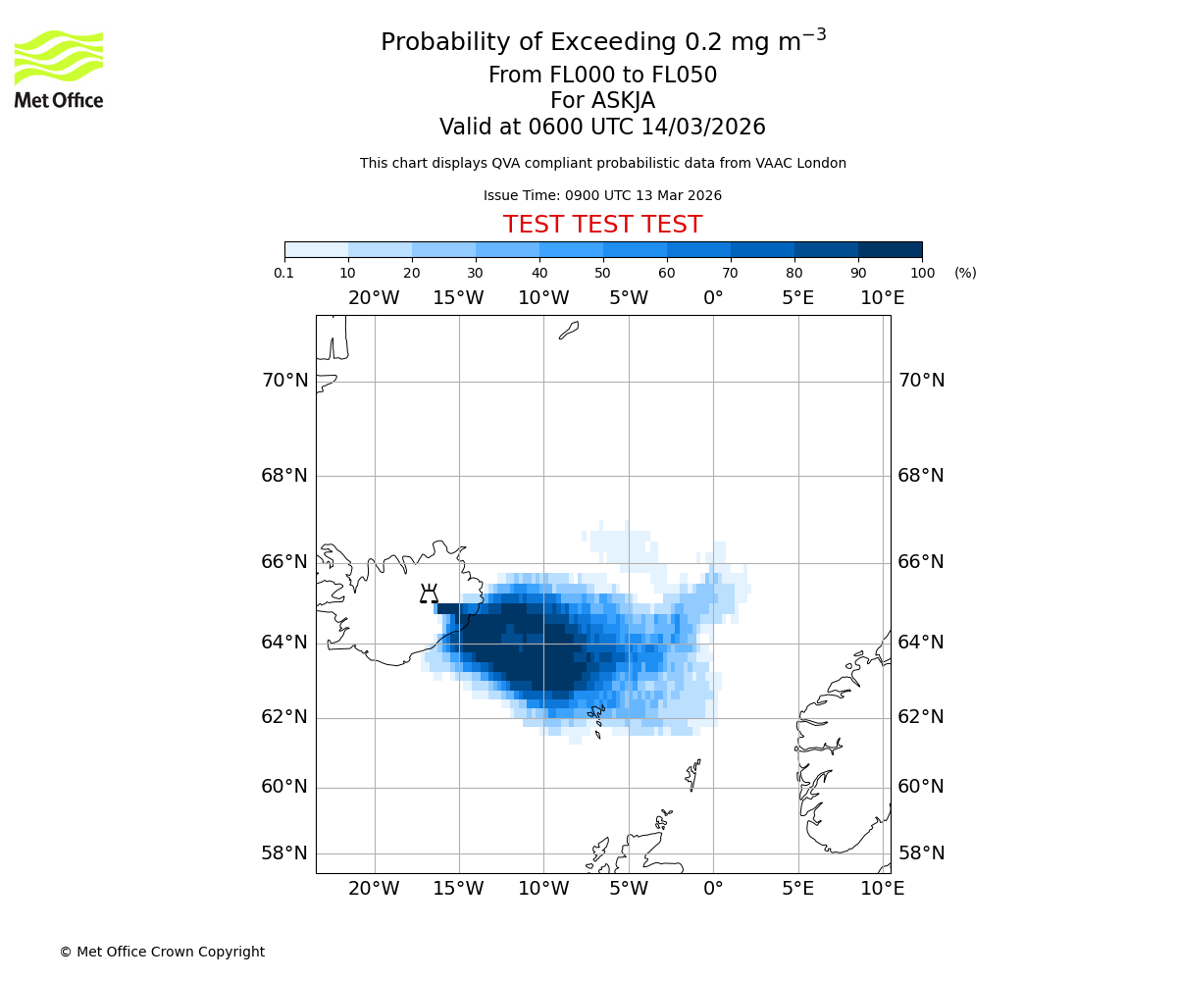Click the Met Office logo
pyautogui.click(x=59, y=69)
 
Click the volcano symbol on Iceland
pyautogui.click(x=429, y=594)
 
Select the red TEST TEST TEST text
pyautogui.click(x=602, y=225)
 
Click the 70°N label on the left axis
pyautogui.click(x=284, y=381)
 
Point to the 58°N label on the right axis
pyautogui.click(x=921, y=853)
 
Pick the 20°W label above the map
pyautogui.click(x=374, y=298)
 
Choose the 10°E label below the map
pyautogui.click(x=883, y=889)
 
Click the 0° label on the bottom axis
pyautogui.click(x=713, y=889)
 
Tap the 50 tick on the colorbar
pyautogui.click(x=602, y=273)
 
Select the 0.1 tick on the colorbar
pyautogui.click(x=284, y=273)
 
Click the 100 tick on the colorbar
pyautogui.click(x=921, y=273)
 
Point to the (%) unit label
pyautogui.click(x=965, y=273)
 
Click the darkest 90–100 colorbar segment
pyautogui.click(x=890, y=249)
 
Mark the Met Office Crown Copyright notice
pyautogui.click(x=162, y=952)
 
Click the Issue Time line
pyautogui.click(x=602, y=196)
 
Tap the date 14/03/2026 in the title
pyautogui.click(x=703, y=128)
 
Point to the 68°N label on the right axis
pyautogui.click(x=921, y=476)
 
